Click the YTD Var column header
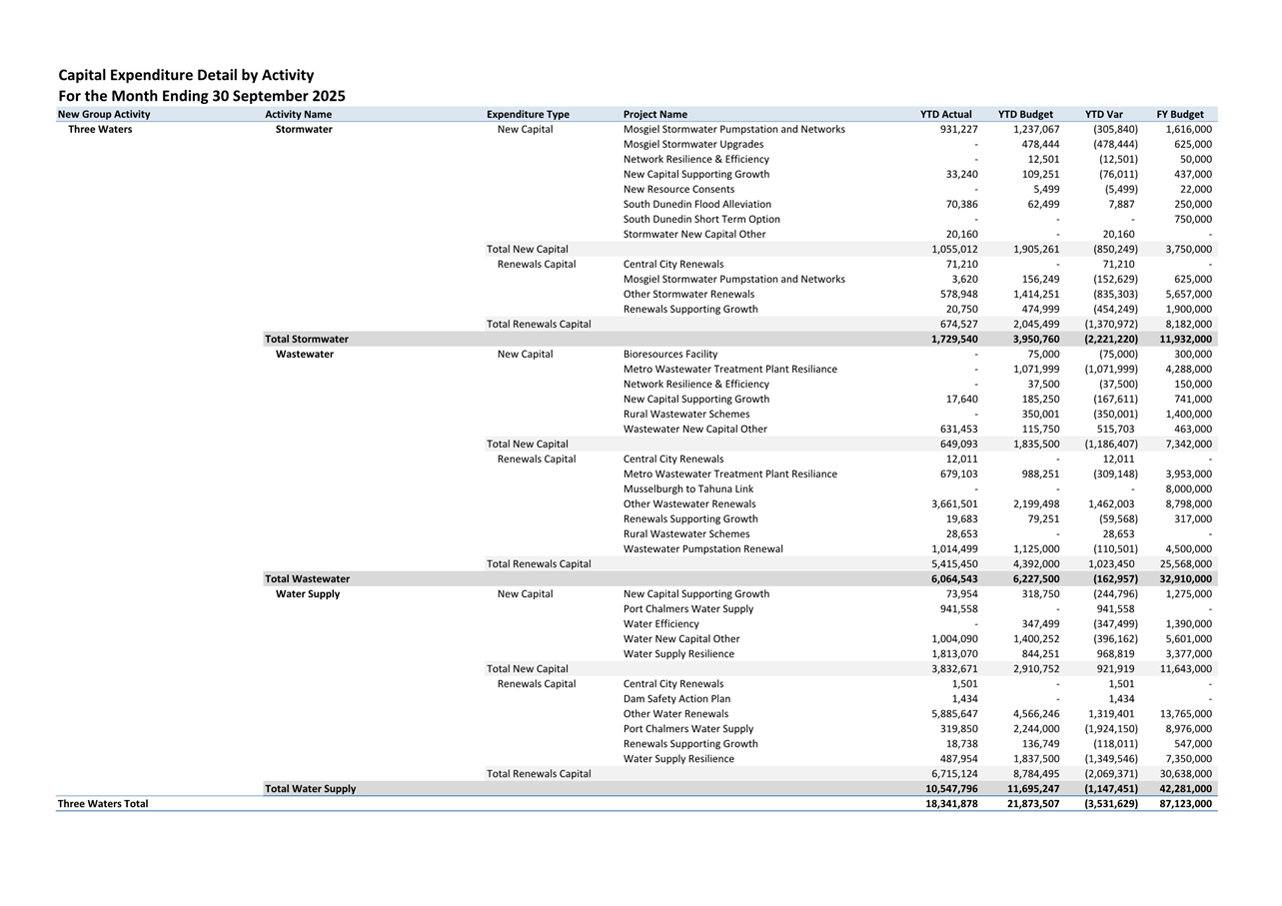tap(1103, 114)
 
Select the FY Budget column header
tap(1179, 114)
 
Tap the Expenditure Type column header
tap(528, 114)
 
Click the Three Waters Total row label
tap(103, 804)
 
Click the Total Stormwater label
tap(307, 340)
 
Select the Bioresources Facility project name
tap(669, 355)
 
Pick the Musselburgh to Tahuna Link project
tap(687, 489)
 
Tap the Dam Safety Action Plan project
tap(676, 699)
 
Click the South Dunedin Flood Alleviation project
tap(696, 205)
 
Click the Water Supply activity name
tap(308, 594)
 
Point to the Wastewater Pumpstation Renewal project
tap(702, 549)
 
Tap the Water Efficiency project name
tap(660, 624)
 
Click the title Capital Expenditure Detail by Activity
tap(186, 75)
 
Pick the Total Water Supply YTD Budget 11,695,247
tap(1029, 789)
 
